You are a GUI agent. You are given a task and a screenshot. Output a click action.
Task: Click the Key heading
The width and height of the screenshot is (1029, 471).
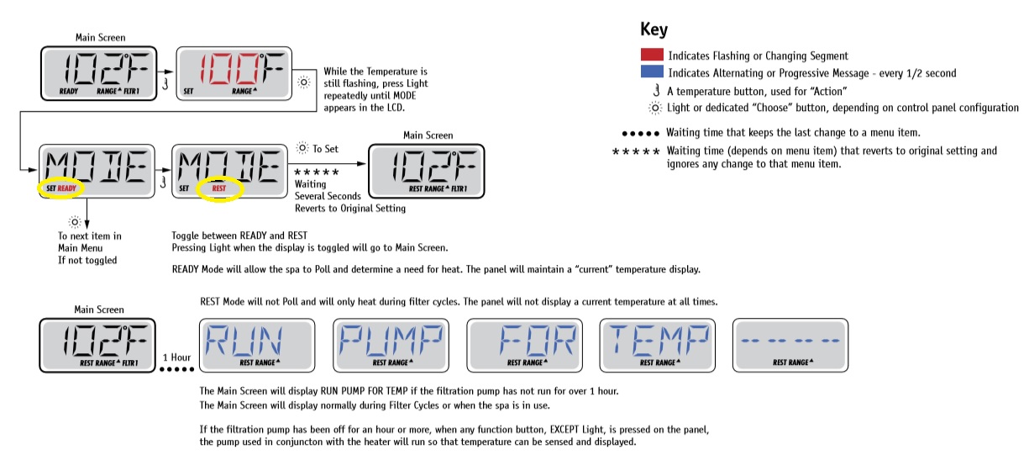point(654,30)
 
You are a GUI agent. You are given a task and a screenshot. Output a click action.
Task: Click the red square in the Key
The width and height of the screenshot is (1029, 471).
point(652,56)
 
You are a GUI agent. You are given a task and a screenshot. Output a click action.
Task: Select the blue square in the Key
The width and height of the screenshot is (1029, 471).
point(652,73)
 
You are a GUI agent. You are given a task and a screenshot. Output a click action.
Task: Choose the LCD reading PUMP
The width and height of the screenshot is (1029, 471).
point(391,344)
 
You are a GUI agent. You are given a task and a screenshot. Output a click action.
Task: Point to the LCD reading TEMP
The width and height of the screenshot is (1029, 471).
point(657,344)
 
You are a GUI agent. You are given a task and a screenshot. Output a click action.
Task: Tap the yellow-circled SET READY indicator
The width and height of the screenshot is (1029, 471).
point(59,189)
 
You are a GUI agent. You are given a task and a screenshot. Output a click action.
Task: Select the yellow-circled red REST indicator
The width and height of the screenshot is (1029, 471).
point(219,189)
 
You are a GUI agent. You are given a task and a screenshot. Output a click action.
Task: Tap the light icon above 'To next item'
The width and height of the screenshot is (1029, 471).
point(75,221)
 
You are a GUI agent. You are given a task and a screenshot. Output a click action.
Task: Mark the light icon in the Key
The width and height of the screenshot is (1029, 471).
point(654,108)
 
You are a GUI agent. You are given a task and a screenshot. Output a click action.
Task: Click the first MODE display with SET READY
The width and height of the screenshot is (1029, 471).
point(97,172)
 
